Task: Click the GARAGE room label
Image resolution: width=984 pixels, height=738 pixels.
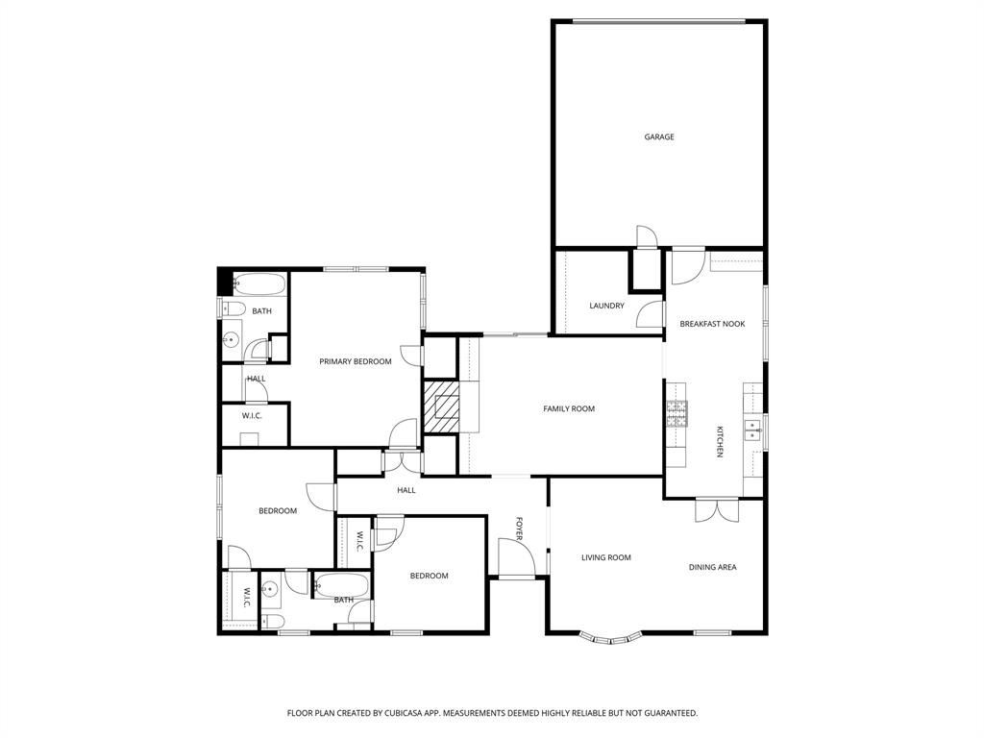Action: click(658, 137)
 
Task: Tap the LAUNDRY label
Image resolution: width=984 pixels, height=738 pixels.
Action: click(606, 307)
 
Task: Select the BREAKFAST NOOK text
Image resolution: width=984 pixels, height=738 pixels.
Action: click(712, 325)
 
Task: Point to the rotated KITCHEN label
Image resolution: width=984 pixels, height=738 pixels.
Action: click(719, 441)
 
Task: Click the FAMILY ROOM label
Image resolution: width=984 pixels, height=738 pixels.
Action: click(569, 409)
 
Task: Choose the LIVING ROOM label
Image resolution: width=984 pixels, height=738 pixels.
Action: click(605, 557)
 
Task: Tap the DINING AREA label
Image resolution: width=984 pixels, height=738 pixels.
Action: click(712, 567)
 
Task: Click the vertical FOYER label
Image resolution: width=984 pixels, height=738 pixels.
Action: click(519, 528)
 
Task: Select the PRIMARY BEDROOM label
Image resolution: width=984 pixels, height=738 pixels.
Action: click(356, 361)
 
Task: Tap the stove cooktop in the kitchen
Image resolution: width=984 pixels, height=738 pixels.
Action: click(676, 413)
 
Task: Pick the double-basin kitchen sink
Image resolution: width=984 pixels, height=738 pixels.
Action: click(753, 427)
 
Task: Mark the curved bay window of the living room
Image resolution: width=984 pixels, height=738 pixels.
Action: click(612, 636)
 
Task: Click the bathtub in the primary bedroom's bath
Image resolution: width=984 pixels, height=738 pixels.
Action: click(259, 284)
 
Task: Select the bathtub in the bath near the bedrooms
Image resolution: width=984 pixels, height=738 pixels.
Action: click(341, 585)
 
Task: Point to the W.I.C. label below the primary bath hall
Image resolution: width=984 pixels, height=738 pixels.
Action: click(252, 415)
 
